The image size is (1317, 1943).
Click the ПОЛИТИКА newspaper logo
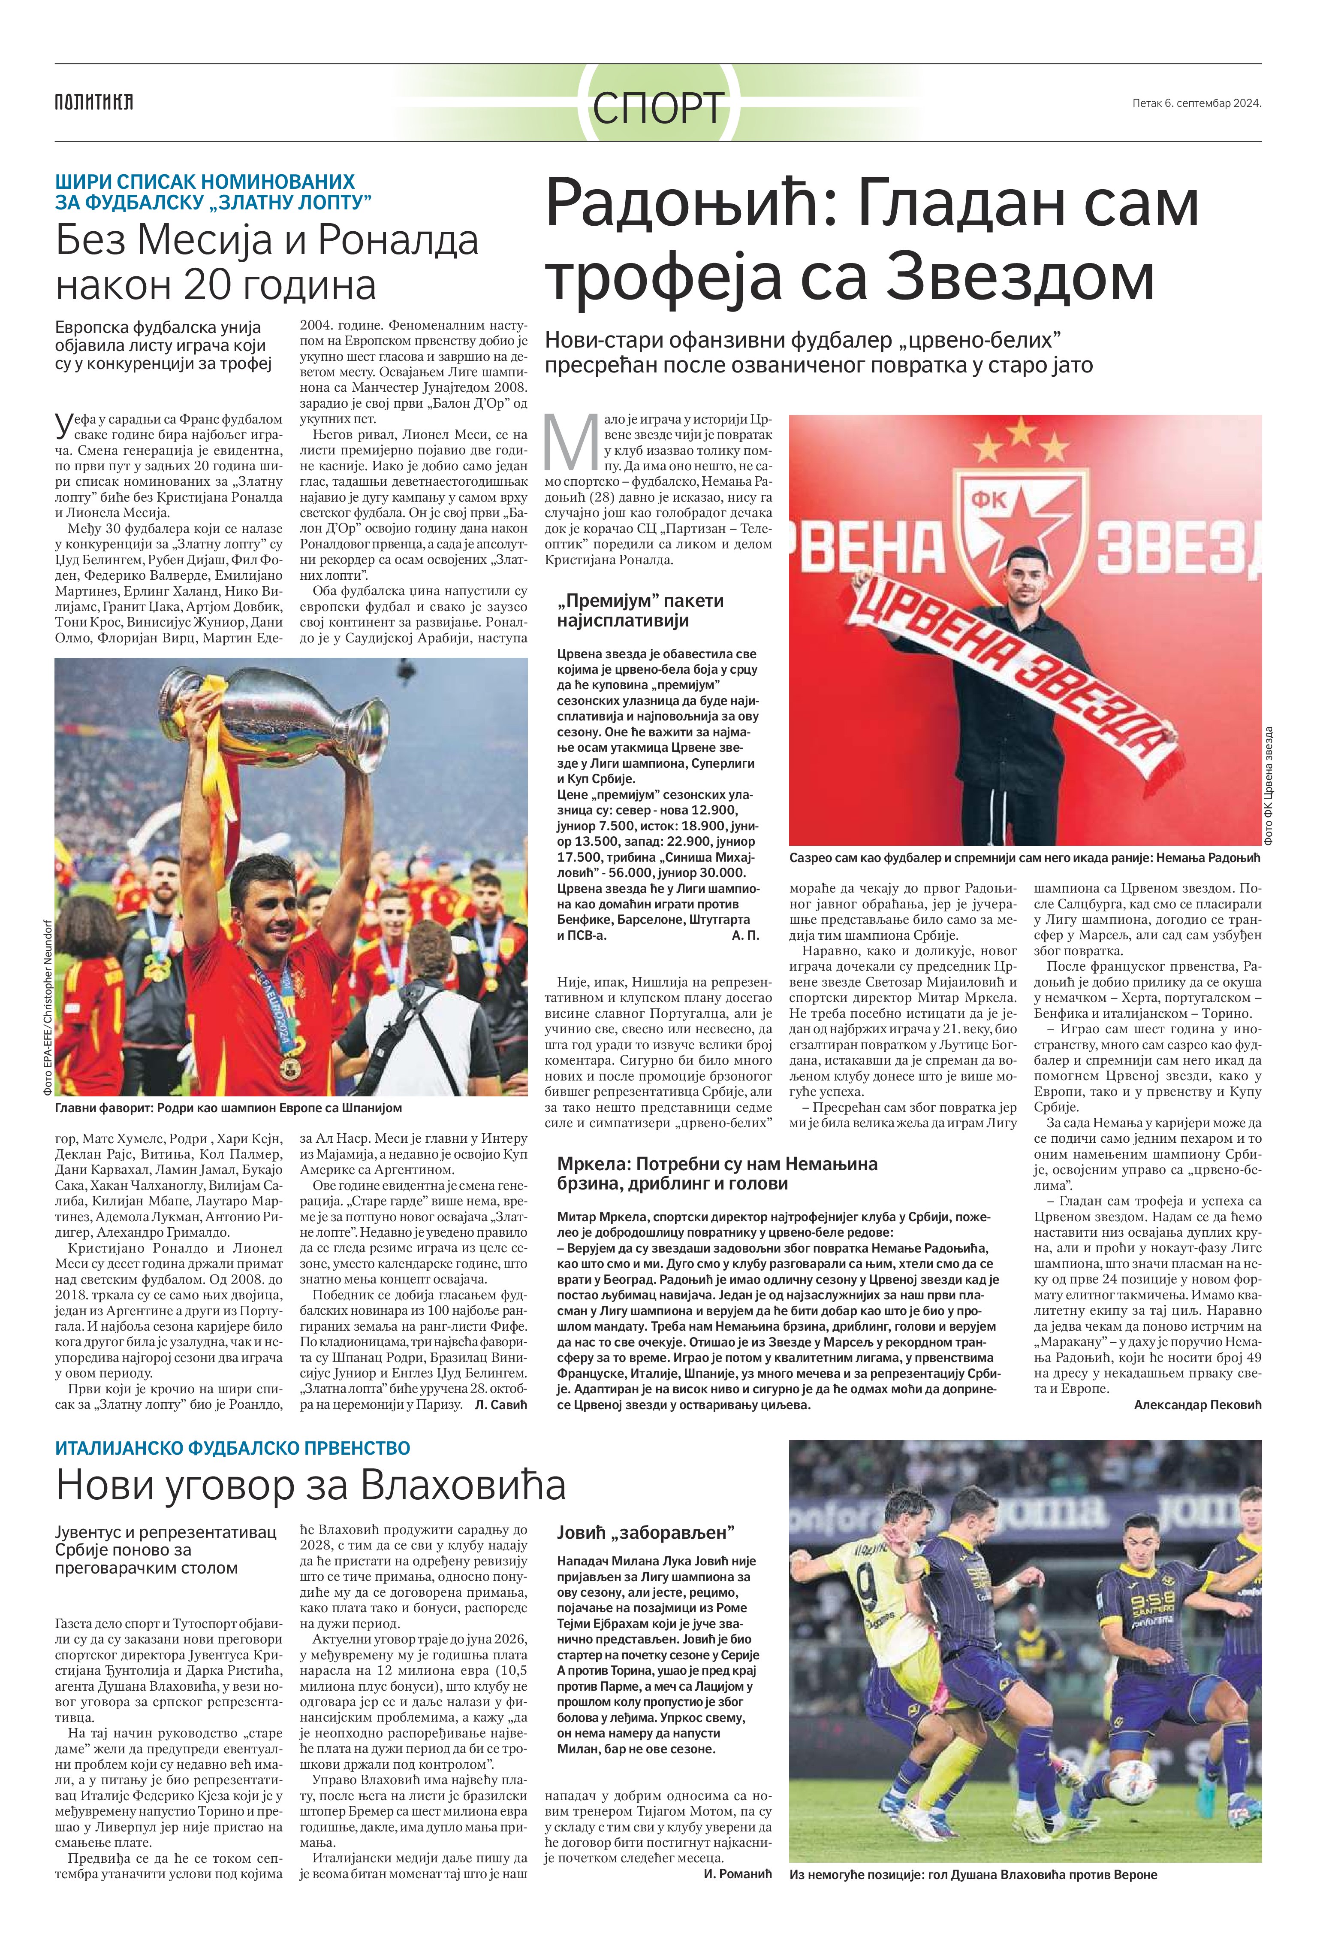(x=93, y=103)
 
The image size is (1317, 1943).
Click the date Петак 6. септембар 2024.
(x=1196, y=104)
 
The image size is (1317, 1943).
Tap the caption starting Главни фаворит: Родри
(x=228, y=1108)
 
